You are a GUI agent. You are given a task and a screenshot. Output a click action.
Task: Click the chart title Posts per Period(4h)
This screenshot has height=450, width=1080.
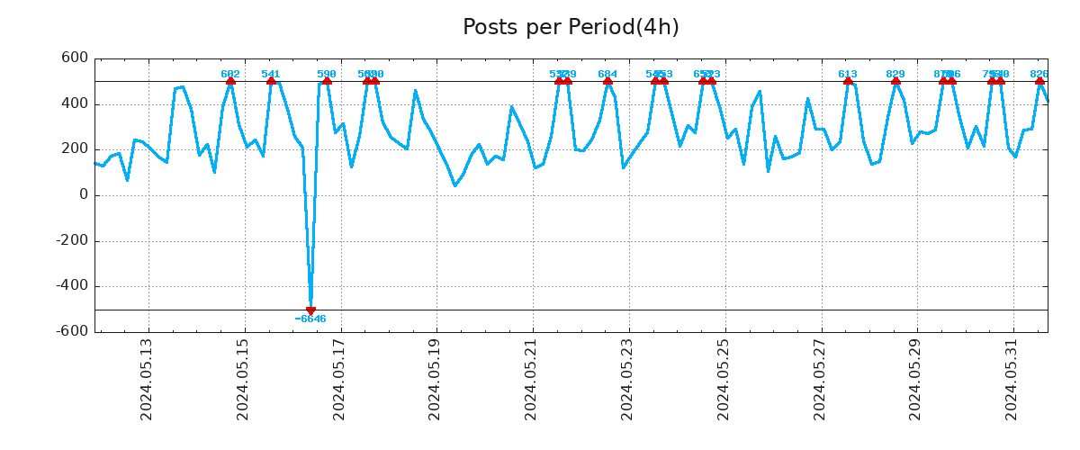click(571, 28)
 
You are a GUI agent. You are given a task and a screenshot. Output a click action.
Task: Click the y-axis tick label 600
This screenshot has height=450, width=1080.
click(75, 58)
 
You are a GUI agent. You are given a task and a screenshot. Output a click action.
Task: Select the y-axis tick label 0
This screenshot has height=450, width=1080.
click(84, 195)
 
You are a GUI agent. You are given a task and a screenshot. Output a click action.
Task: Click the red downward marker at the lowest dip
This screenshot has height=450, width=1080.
click(310, 310)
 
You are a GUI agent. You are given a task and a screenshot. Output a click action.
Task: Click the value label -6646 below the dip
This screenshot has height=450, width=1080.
click(310, 319)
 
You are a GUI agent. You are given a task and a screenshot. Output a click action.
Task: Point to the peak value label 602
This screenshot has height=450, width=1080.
click(230, 75)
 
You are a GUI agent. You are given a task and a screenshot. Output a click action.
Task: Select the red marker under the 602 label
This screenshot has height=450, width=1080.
click(230, 81)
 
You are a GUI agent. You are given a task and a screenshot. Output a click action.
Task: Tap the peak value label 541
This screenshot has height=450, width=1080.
click(271, 75)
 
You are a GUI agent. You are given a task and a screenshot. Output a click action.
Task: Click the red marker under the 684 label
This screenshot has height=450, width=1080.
click(607, 81)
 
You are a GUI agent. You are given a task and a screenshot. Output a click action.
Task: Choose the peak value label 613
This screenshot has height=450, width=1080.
click(848, 75)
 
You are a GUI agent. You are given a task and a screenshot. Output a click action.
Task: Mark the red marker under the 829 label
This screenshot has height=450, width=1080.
click(895, 81)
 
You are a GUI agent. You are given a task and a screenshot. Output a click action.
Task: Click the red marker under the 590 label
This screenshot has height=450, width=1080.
click(327, 81)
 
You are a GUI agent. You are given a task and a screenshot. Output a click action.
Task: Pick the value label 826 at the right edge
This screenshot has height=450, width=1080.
click(1039, 75)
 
